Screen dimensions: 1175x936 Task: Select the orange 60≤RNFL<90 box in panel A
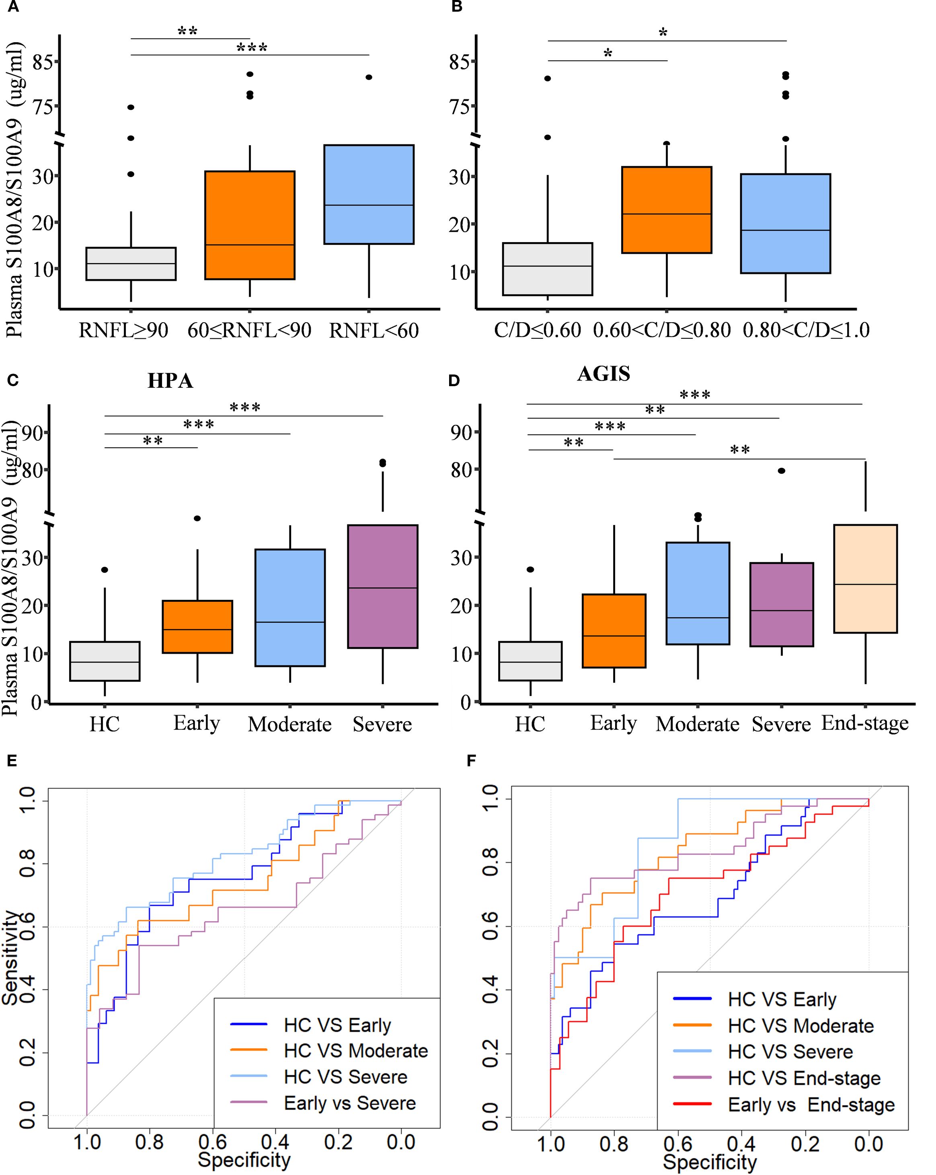coord(250,225)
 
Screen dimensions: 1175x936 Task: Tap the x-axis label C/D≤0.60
coord(537,330)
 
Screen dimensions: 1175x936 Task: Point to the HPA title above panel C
coord(170,381)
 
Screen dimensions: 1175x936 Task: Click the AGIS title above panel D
coord(603,374)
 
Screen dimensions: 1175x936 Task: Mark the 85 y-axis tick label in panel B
coord(459,62)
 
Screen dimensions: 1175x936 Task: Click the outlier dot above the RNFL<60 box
coord(369,77)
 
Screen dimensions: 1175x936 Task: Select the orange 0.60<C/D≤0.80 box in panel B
coord(666,210)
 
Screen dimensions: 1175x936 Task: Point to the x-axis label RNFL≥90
coord(124,330)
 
